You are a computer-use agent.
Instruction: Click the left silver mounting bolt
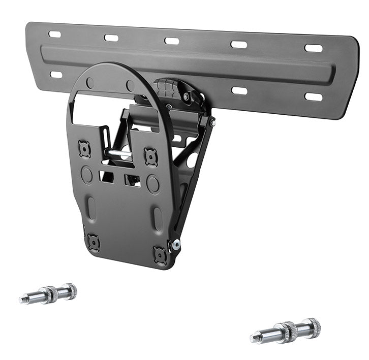49,294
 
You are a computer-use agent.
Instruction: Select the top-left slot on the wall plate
55,35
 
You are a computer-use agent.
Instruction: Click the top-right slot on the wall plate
313,48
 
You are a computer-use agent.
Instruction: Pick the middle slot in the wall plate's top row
172,41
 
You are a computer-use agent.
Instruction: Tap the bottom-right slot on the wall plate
313,96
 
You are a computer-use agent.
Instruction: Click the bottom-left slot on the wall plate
56,75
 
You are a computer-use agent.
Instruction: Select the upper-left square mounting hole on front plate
84,149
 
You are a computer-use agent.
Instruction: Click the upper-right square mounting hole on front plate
150,157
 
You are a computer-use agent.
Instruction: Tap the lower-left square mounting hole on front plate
93,243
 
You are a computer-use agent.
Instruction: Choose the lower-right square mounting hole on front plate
161,255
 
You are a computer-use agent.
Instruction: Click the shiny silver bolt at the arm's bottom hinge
176,245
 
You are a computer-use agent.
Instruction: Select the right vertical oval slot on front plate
158,219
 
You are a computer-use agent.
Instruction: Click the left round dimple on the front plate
87,175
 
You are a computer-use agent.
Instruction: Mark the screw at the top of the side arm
212,122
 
